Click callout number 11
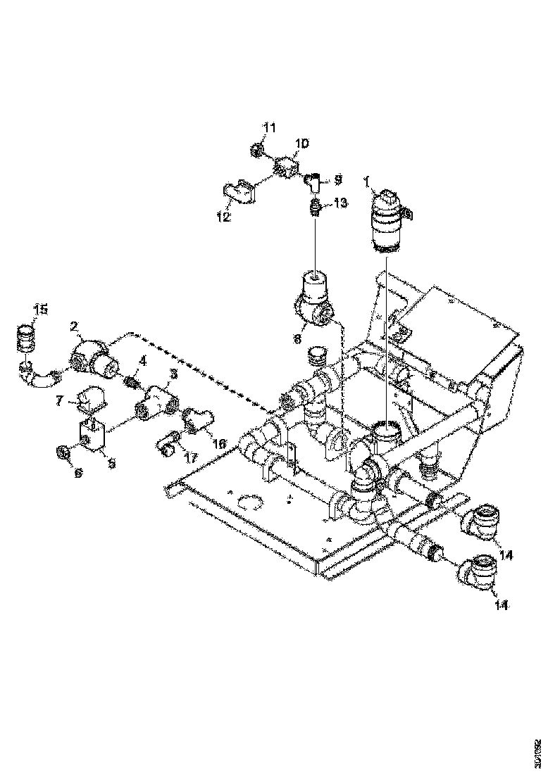pos(270,127)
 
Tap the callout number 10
pos(301,144)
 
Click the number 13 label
pos(340,203)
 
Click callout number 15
pos(42,309)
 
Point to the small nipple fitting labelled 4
pos(130,383)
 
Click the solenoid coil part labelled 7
pos(91,402)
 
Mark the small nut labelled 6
pos(62,450)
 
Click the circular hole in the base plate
pos(249,502)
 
